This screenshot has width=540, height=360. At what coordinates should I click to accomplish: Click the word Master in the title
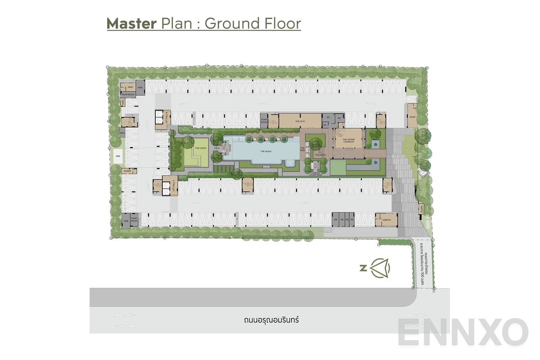point(131,23)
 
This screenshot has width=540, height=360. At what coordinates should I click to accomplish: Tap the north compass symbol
point(380,268)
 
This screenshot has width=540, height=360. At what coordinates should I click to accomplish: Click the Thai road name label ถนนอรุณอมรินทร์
point(270,321)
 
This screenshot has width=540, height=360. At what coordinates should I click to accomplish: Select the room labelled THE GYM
point(300,121)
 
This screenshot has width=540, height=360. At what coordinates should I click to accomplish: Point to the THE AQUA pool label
point(266,151)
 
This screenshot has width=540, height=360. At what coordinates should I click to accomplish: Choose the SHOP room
point(412,117)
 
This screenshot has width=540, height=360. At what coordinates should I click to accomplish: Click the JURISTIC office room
point(387,220)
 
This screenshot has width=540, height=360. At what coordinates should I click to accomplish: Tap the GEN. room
point(122,134)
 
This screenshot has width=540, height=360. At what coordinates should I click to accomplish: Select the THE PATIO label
point(320,155)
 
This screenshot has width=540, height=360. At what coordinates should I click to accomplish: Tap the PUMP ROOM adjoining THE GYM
point(264,120)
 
